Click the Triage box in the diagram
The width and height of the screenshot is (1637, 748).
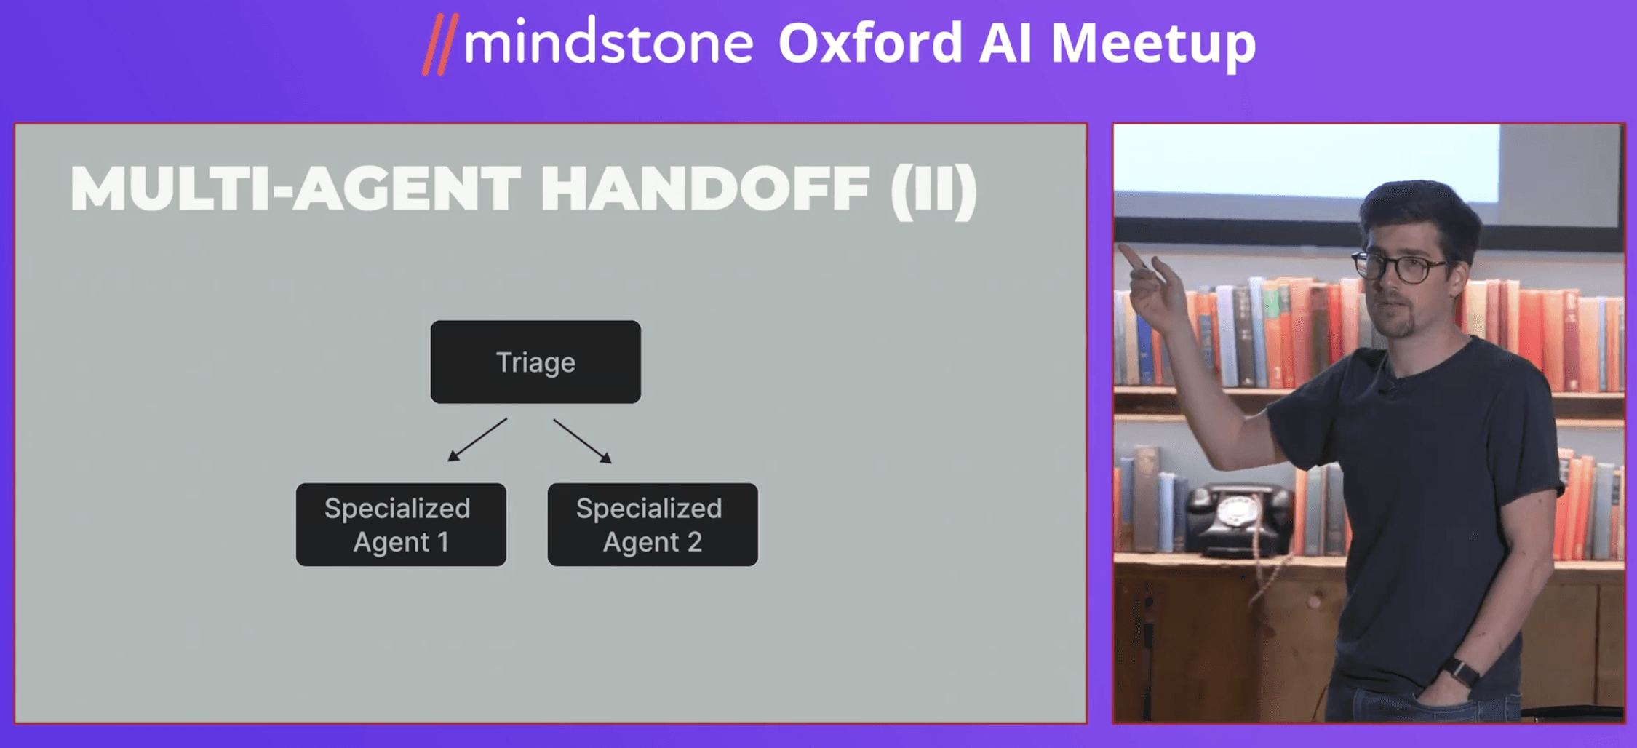tap(535, 362)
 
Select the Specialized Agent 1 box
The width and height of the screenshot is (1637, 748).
tap(401, 525)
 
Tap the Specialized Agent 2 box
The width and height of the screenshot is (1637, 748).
tap(653, 525)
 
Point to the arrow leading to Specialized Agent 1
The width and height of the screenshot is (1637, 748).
tap(477, 439)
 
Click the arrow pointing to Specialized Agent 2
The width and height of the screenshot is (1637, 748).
tap(582, 441)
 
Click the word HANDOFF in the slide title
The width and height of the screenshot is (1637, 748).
tap(705, 189)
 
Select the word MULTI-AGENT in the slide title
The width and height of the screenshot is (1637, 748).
tap(295, 189)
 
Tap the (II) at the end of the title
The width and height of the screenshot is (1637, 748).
tap(933, 191)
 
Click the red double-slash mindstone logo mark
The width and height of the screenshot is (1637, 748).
tap(440, 45)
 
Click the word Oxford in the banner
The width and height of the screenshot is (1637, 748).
tap(870, 42)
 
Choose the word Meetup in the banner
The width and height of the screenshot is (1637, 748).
tap(1153, 45)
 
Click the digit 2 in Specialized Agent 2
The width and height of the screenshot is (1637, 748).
tap(694, 542)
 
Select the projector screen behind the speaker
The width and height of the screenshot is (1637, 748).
tap(1307, 163)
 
